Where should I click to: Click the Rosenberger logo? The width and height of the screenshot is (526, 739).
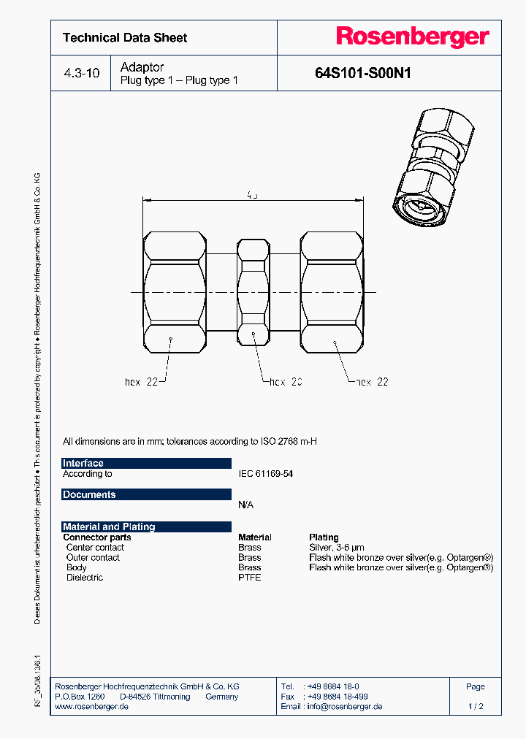coord(412,37)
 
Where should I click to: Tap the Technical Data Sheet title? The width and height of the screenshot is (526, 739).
coord(125,38)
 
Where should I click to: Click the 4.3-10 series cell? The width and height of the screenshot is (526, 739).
coord(81,74)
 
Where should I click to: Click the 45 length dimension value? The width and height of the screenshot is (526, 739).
coord(252,195)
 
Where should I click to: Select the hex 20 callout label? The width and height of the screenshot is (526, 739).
coord(286,382)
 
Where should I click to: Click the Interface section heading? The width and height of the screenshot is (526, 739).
coord(83,463)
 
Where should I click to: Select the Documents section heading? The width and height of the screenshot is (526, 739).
coord(89,494)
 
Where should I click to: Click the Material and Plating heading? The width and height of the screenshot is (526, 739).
coord(109,527)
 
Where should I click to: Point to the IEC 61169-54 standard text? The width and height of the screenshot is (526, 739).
coord(265,474)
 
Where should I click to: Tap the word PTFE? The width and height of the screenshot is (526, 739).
coord(249,578)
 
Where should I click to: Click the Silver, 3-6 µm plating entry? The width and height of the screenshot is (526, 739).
coord(336,547)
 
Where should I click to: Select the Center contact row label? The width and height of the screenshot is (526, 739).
coord(95,547)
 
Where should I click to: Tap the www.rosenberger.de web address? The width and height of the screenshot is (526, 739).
coord(92,707)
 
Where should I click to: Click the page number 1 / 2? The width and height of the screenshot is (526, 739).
coord(475,707)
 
